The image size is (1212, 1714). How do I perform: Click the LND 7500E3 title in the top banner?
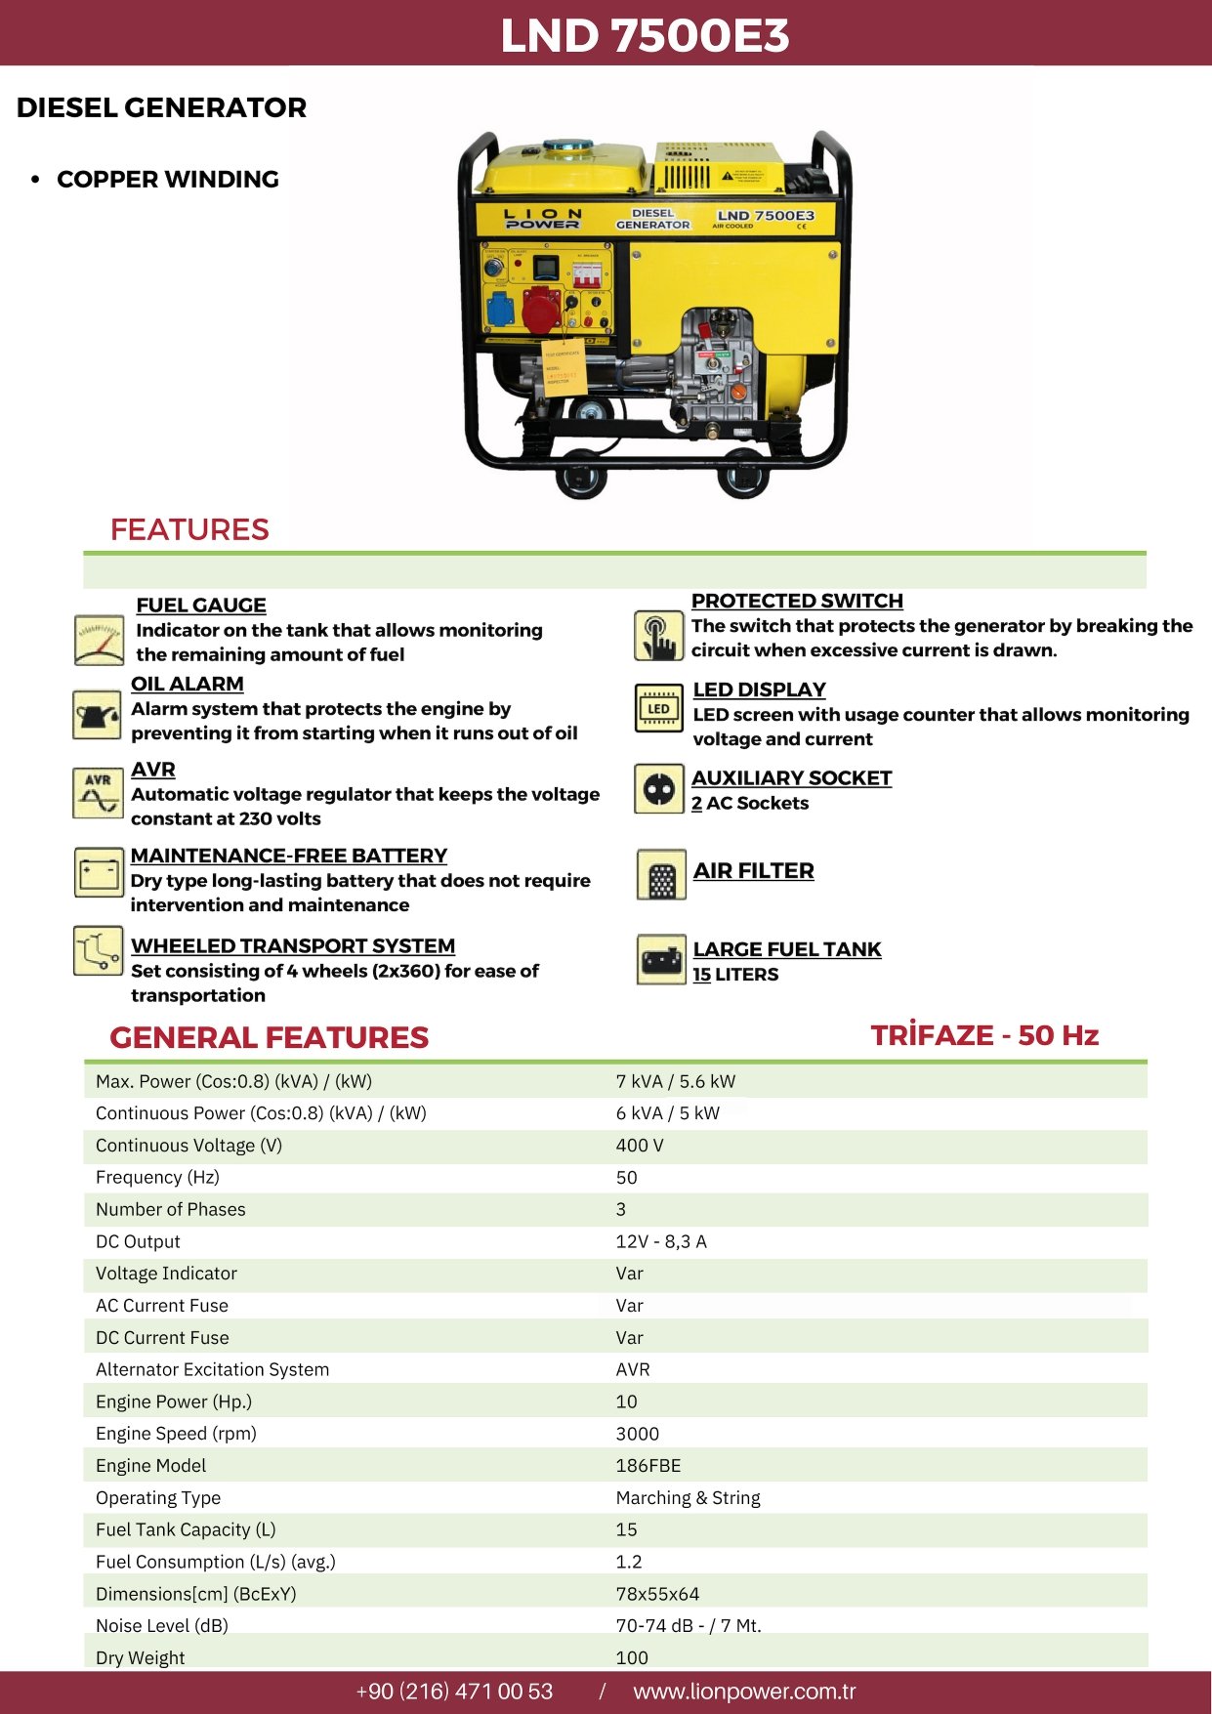click(x=645, y=35)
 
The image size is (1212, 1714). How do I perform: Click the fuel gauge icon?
click(x=99, y=641)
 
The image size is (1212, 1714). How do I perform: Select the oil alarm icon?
click(x=97, y=715)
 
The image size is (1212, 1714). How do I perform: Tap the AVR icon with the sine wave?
click(x=98, y=792)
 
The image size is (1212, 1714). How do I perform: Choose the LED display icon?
click(x=658, y=708)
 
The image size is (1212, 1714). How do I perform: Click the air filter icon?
click(x=661, y=874)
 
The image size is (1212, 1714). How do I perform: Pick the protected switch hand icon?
click(x=659, y=636)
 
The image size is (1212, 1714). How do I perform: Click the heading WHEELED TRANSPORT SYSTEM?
click(x=293, y=945)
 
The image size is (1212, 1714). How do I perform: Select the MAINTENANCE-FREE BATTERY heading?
click(x=289, y=856)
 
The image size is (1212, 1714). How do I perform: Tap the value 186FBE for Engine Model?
click(x=648, y=1465)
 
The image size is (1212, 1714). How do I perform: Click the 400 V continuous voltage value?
click(x=640, y=1145)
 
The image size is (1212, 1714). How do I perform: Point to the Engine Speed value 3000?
click(x=638, y=1433)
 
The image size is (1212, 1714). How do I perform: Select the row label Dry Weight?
click(x=141, y=1657)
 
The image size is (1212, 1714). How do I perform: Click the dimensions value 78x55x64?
click(x=657, y=1594)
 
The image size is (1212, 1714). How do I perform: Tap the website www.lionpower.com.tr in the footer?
click(x=744, y=1692)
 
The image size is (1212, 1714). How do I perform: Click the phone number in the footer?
click(x=454, y=1692)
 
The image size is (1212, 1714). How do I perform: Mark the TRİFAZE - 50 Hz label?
click(x=984, y=1035)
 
